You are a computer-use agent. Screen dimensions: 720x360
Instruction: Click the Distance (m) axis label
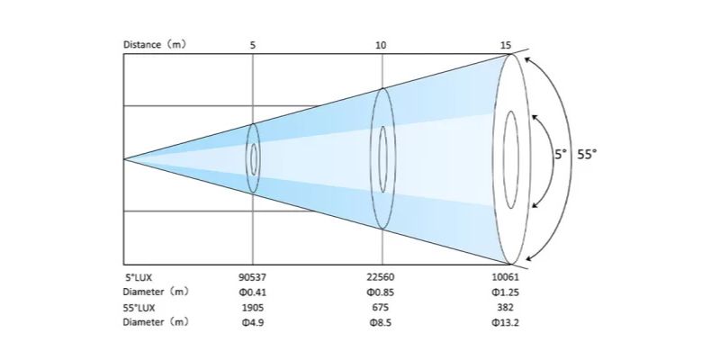pyautogui.click(x=155, y=44)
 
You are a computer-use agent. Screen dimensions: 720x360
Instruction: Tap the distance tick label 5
pyautogui.click(x=253, y=45)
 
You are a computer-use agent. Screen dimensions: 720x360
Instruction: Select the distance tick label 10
pyautogui.click(x=381, y=45)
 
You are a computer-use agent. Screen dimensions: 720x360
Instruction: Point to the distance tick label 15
pyautogui.click(x=506, y=45)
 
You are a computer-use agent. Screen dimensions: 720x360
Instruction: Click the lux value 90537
pyautogui.click(x=253, y=277)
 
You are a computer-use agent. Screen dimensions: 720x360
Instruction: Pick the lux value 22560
pyautogui.click(x=380, y=277)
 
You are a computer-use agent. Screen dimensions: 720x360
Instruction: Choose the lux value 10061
pyautogui.click(x=506, y=277)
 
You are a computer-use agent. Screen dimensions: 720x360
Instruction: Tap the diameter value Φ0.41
pyautogui.click(x=253, y=292)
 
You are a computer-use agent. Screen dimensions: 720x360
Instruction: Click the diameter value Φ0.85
pyautogui.click(x=380, y=292)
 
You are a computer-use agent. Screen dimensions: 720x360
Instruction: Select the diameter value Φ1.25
pyautogui.click(x=506, y=292)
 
